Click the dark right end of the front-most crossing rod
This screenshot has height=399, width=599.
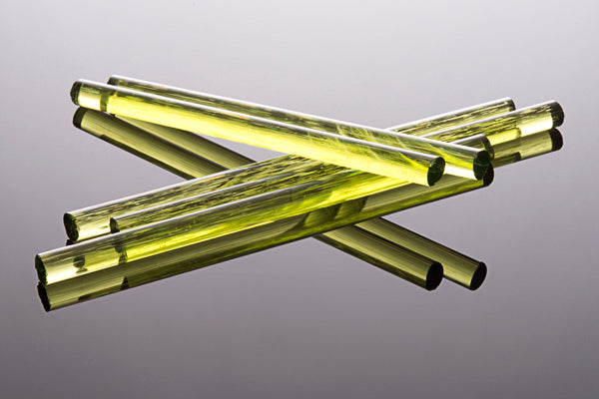[436, 172]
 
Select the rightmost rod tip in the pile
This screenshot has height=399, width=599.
[556, 114]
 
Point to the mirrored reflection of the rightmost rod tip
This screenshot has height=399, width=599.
[555, 140]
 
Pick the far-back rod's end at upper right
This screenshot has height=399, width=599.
[508, 103]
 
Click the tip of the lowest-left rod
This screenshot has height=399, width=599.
[42, 268]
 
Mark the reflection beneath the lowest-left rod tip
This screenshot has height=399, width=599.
[44, 296]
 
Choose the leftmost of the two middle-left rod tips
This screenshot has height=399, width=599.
[71, 225]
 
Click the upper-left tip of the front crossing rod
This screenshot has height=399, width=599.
[76, 93]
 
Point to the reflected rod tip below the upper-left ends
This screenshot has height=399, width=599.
[79, 119]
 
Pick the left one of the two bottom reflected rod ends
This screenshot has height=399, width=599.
[433, 275]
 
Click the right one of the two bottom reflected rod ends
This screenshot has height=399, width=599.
[478, 274]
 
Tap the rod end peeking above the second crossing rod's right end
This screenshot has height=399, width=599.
[486, 143]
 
